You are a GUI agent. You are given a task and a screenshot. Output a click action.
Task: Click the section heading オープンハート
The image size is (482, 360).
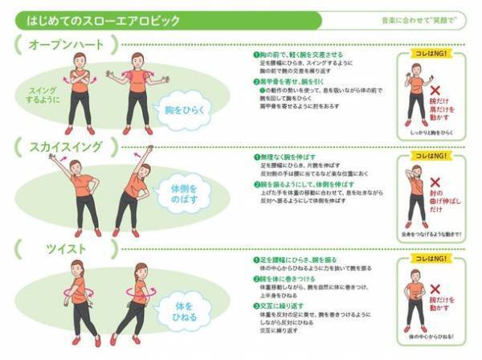click(x=60, y=46)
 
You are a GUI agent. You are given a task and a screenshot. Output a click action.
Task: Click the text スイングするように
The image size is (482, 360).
click(x=42, y=96)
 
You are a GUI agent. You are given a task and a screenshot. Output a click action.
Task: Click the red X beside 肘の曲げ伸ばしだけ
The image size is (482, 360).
click(x=439, y=184)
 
